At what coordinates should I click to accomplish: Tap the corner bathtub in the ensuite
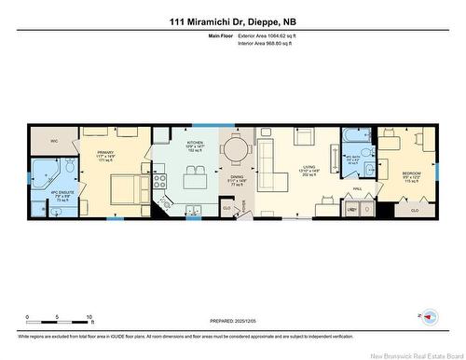(x=43, y=173)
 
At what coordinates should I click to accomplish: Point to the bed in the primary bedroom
(x=121, y=192)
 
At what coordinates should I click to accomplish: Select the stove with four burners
(x=159, y=176)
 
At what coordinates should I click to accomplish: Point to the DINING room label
(x=236, y=181)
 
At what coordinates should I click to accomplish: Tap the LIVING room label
(x=308, y=142)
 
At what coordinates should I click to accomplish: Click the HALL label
(x=357, y=188)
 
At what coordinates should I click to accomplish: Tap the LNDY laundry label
(x=352, y=210)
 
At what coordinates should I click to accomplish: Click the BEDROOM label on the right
(x=411, y=173)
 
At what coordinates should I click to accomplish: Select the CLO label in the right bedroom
(x=414, y=211)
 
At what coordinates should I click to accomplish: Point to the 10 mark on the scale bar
(x=89, y=317)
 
